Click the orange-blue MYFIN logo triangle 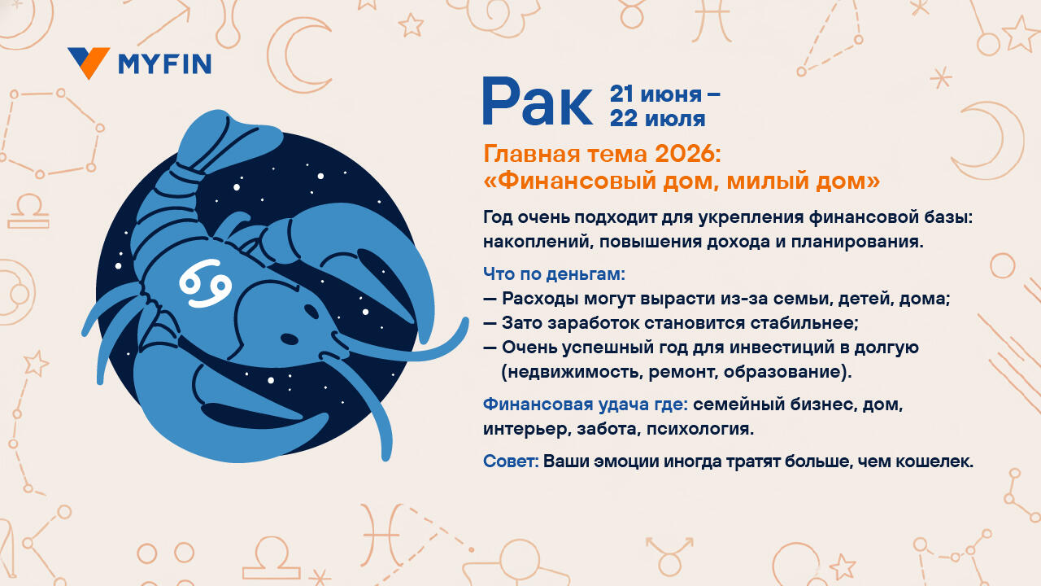pos(89,62)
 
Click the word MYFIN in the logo pos(165,64)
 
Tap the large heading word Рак pos(538,102)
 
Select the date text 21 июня pos(656,94)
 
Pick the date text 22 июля pos(658,119)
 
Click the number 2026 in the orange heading pos(687,155)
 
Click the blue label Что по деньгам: pos(554,274)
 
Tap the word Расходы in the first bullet pos(540,299)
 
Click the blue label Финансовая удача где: pos(586,405)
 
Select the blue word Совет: pos(511,461)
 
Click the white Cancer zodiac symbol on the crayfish pos(206,283)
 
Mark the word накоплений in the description pos(537,243)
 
